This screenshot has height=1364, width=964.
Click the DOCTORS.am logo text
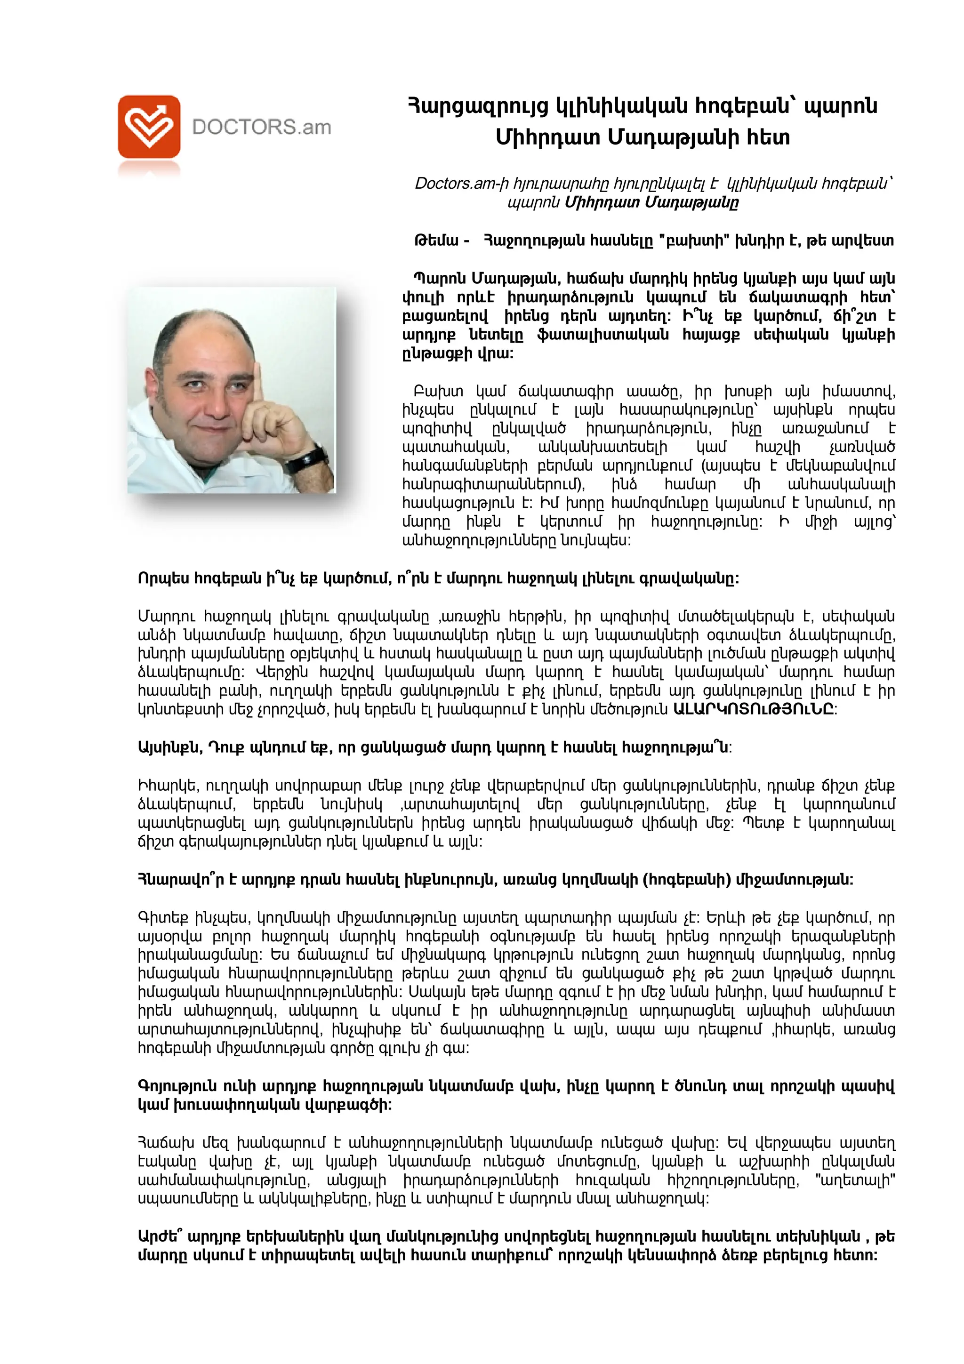[x=261, y=127]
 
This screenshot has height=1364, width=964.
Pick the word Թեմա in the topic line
[x=436, y=241]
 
